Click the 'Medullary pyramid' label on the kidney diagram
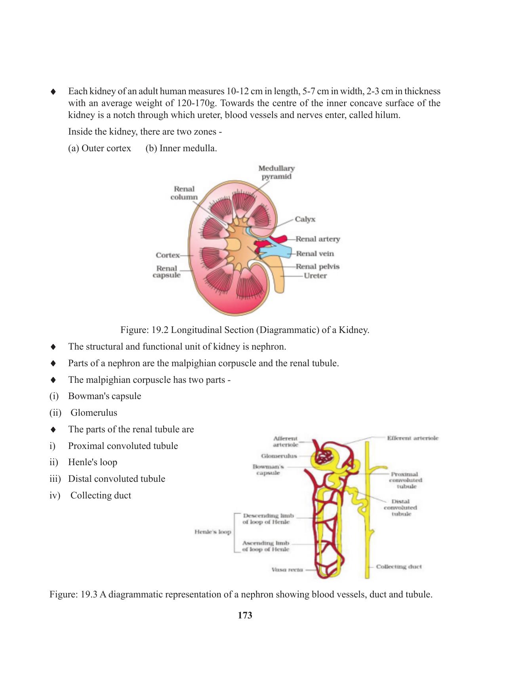click(x=276, y=172)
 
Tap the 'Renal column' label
click(x=184, y=193)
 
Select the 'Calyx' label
click(x=305, y=219)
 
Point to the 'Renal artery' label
click(x=318, y=239)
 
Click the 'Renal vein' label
click(x=315, y=254)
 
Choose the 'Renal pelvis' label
click(x=317, y=267)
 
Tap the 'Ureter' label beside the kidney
click(x=315, y=276)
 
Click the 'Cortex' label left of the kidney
click(x=168, y=255)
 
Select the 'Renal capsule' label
click(x=166, y=272)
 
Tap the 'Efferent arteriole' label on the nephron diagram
click(x=412, y=438)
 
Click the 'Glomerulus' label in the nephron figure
click(x=279, y=456)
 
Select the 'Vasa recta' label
click(x=287, y=570)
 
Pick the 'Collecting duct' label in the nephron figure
click(x=398, y=567)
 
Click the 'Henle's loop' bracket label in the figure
click(x=212, y=532)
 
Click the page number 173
click(x=245, y=616)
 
